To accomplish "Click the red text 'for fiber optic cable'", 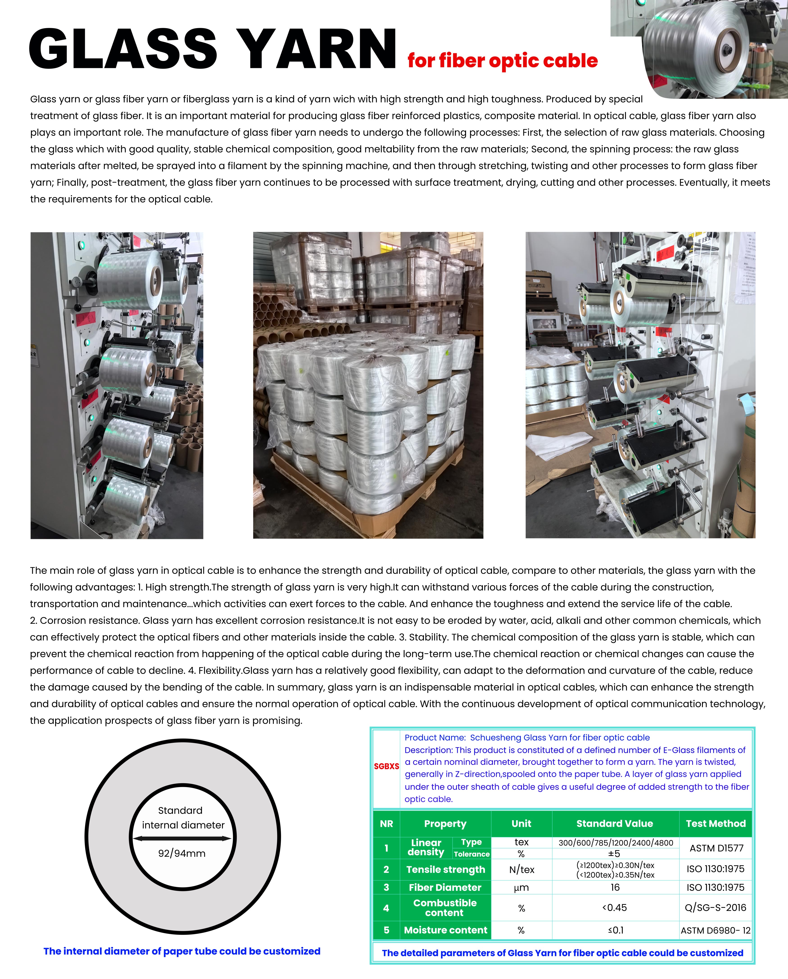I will click(x=502, y=61).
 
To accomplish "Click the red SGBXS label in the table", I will click(x=386, y=766).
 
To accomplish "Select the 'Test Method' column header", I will click(x=715, y=823).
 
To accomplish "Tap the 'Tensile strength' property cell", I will click(x=445, y=869).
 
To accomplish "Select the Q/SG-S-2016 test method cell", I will click(x=715, y=907).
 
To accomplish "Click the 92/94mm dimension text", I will click(x=182, y=853).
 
